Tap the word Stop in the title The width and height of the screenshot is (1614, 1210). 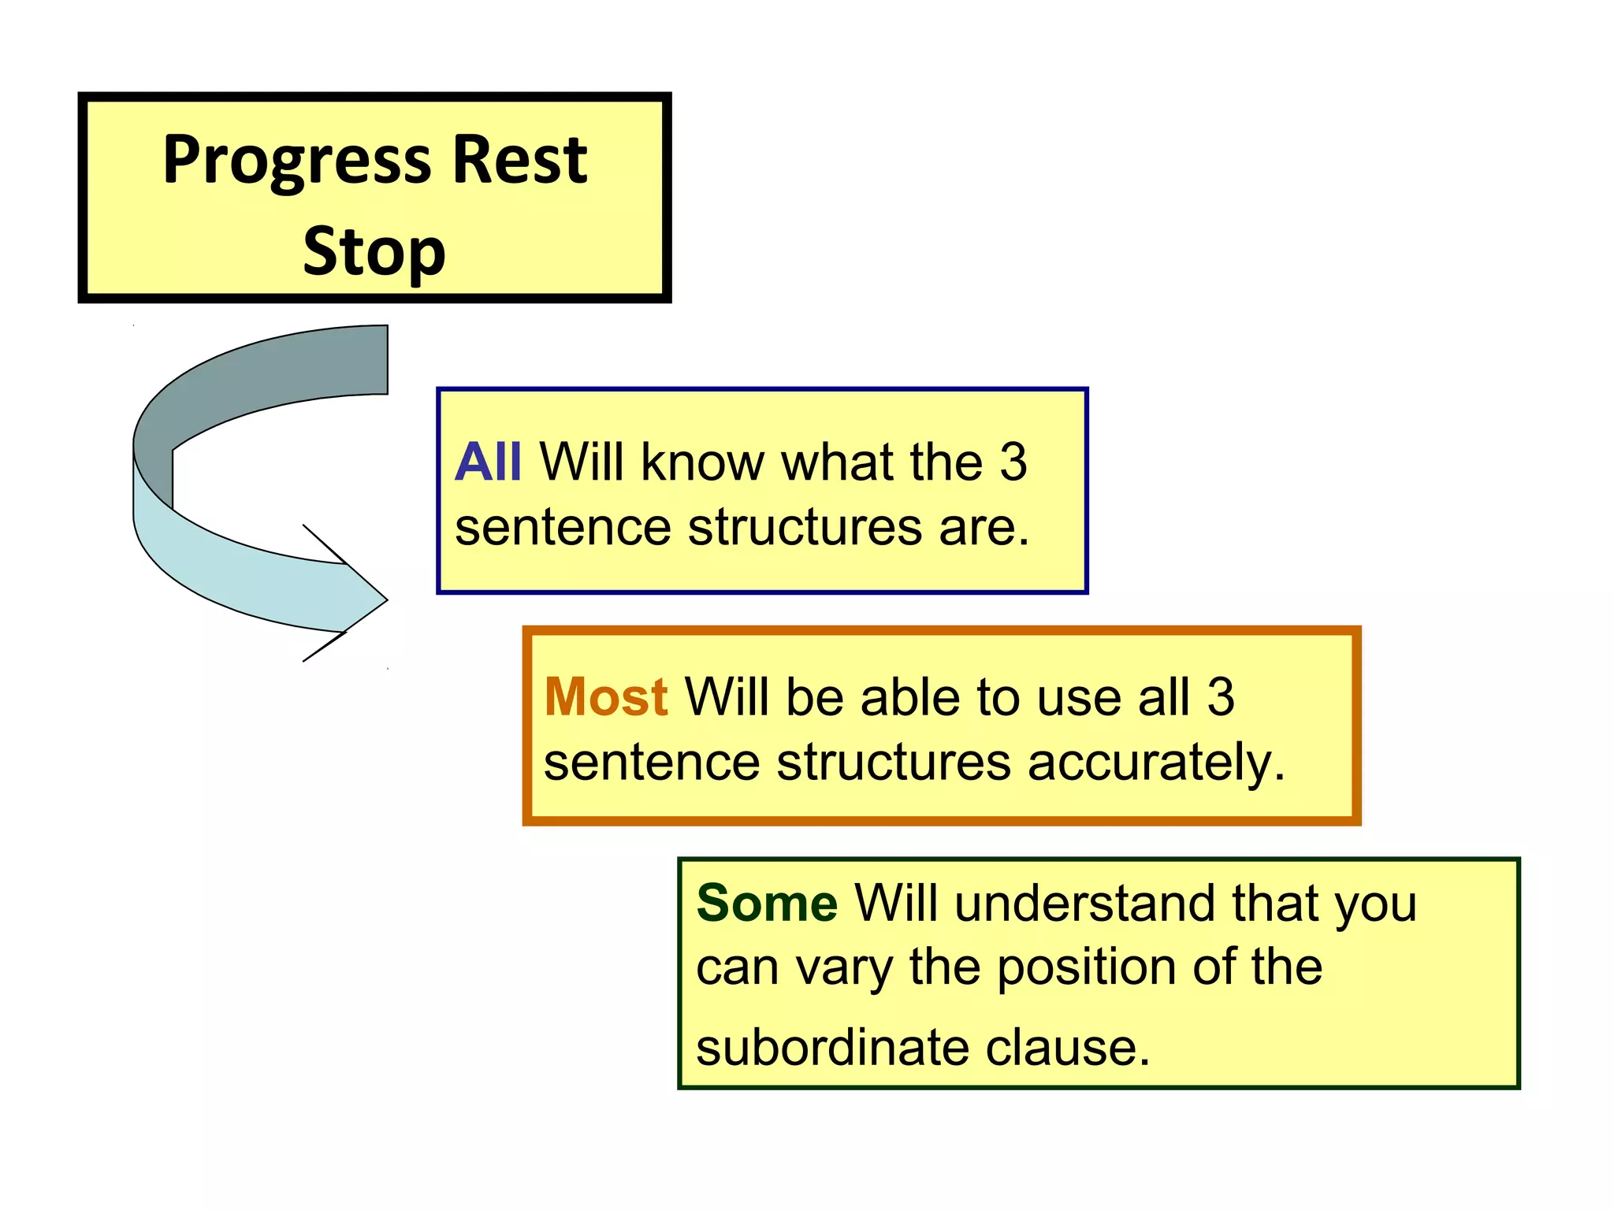click(x=374, y=252)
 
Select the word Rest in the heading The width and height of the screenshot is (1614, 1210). click(x=520, y=160)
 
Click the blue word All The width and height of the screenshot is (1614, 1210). click(x=488, y=462)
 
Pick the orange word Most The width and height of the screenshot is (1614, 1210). click(x=606, y=697)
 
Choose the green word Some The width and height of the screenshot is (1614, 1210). click(x=767, y=903)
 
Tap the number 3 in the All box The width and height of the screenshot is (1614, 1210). click(x=1013, y=462)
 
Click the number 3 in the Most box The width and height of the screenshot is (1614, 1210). click(x=1220, y=697)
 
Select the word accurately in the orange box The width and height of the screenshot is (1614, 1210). click(x=1155, y=763)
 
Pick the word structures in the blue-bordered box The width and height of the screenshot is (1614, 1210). click(x=805, y=527)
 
